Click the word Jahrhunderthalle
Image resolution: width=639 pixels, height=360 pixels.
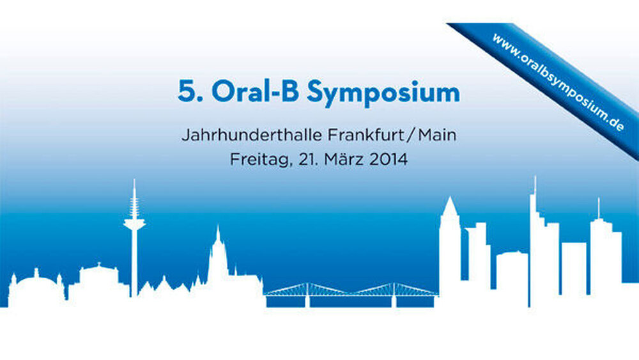252,135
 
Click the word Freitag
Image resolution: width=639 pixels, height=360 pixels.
261,159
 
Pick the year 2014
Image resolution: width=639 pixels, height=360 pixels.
389,159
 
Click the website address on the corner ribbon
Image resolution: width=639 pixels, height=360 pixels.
558,82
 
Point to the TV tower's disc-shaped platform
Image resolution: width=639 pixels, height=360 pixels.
134,224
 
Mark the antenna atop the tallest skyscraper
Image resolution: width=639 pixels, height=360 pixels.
535,186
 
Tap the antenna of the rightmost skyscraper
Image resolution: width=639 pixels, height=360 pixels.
599,208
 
